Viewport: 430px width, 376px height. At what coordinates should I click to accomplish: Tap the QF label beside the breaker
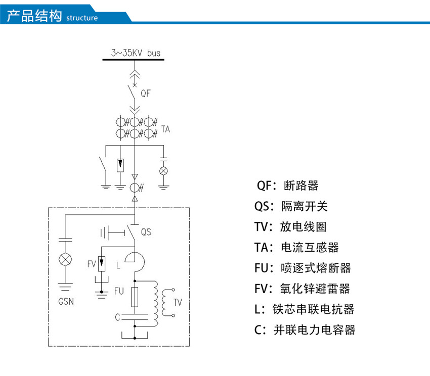(x=146, y=93)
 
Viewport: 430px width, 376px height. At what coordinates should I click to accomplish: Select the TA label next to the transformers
(x=165, y=129)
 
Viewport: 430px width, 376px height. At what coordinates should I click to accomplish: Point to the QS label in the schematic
(x=146, y=232)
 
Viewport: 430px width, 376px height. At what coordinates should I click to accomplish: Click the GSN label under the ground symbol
(x=66, y=303)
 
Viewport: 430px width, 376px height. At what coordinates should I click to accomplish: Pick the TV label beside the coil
(x=177, y=302)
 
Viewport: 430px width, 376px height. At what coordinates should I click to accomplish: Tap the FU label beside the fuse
(x=119, y=291)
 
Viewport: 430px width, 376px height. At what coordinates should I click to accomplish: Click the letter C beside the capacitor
(x=117, y=317)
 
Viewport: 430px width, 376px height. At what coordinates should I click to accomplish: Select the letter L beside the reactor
(x=118, y=265)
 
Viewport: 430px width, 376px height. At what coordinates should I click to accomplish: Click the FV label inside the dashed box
(x=92, y=263)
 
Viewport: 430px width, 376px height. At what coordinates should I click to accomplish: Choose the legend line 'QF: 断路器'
(x=287, y=185)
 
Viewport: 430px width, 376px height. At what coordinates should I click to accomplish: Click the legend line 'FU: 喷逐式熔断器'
(x=303, y=268)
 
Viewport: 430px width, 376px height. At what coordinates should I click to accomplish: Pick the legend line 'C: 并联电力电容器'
(x=305, y=330)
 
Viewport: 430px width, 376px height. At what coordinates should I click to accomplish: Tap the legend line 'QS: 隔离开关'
(x=291, y=206)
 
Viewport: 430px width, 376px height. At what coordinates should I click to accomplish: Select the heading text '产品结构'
(x=34, y=15)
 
